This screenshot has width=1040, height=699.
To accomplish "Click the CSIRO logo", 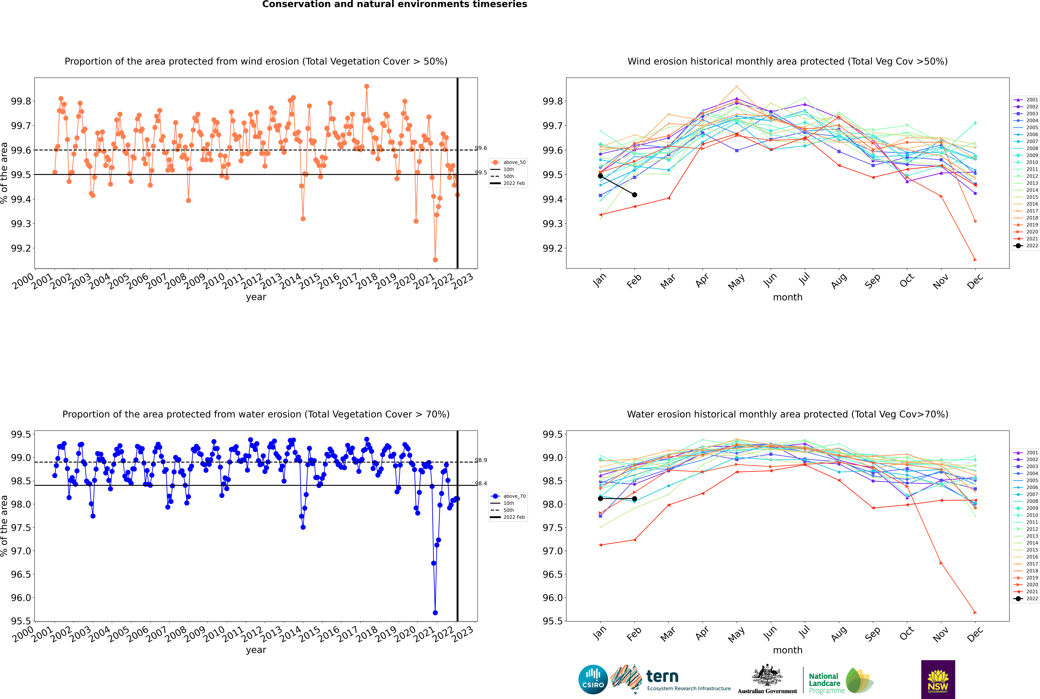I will pos(593,679).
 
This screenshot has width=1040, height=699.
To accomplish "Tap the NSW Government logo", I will pos(938,679).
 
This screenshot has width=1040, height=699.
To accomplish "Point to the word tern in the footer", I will pos(662,677).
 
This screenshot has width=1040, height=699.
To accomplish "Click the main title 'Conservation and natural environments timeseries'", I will pos(395,4).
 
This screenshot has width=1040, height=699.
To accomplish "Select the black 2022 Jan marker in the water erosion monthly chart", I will pos(600,498).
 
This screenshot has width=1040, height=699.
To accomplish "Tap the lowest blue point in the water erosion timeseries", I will pos(435,612).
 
